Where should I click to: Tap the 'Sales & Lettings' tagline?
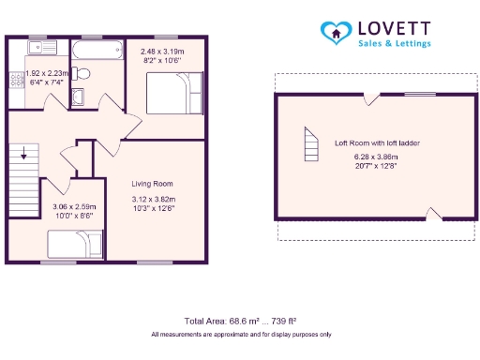coord(395,44)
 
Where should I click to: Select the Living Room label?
coord(152,184)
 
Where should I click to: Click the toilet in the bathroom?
coord(82,72)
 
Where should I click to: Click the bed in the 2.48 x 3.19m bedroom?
coord(175,92)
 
